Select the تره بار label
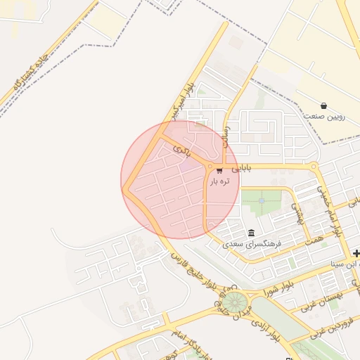pyautogui.click(x=219, y=181)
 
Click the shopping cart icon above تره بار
pyautogui.click(x=219, y=170)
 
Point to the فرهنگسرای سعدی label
pyautogui.click(x=252, y=244)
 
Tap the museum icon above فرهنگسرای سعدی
pyautogui.click(x=251, y=233)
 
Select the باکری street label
pyautogui.click(x=182, y=150)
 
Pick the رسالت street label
pyautogui.click(x=226, y=130)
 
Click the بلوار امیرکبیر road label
pyautogui.click(x=179, y=101)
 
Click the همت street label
pyautogui.click(x=315, y=240)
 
